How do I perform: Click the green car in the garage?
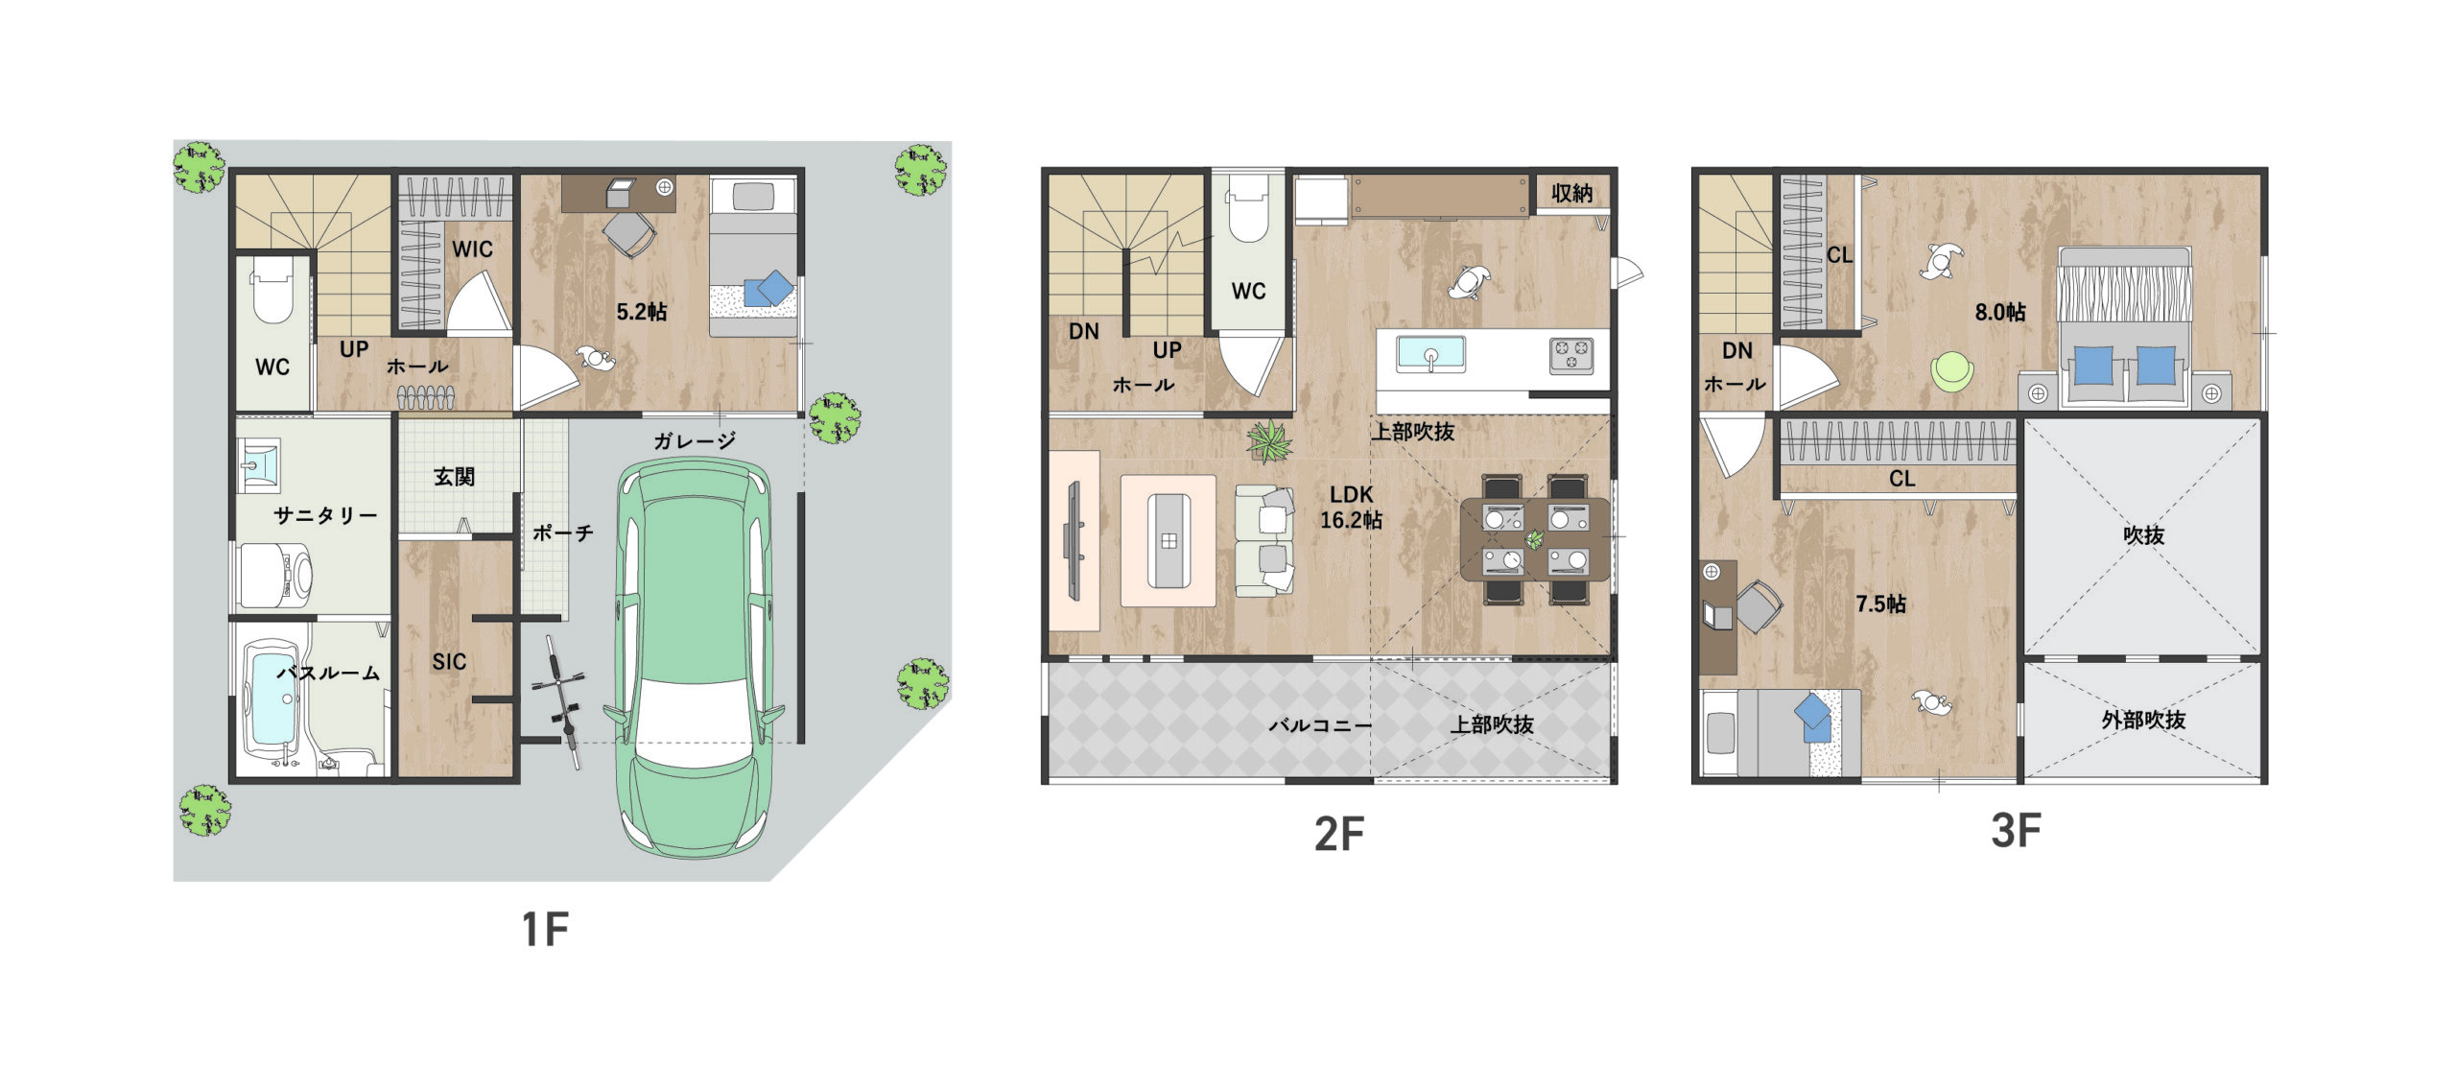[694, 658]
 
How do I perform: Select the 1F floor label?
[545, 929]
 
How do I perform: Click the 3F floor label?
[2016, 831]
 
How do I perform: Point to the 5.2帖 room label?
[642, 312]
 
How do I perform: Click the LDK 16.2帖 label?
[1351, 507]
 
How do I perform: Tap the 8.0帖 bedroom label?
[2000, 312]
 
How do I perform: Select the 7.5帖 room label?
[1880, 603]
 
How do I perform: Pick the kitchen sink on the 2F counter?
[1430, 354]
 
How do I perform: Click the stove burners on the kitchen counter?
[1571, 355]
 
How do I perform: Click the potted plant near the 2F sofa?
[1270, 441]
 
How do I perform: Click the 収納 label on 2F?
[1571, 193]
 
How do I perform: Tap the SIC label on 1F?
[449, 661]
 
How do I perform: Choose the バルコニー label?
[1320, 725]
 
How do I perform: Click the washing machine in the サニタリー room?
[275, 576]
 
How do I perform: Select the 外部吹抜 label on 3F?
[2143, 720]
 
